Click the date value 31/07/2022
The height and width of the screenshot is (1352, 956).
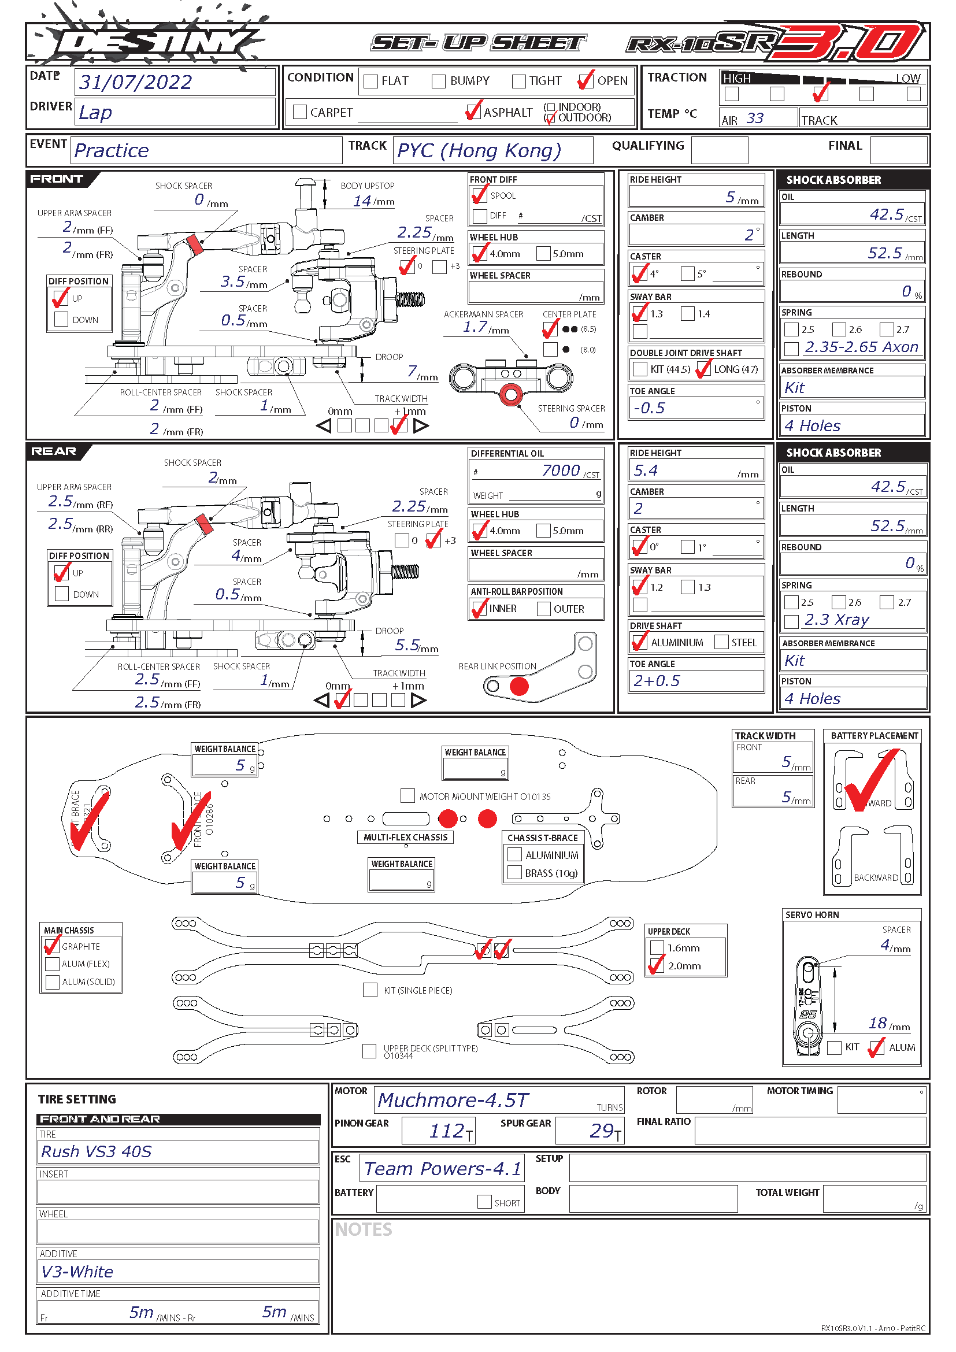point(135,83)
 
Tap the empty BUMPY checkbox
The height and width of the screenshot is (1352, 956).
point(439,82)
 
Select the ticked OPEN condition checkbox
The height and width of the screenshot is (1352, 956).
point(585,81)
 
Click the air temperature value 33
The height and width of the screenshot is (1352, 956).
point(755,118)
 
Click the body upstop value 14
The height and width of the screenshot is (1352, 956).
point(362,201)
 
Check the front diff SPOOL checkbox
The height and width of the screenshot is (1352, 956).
point(480,195)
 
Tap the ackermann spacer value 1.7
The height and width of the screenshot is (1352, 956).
point(475,327)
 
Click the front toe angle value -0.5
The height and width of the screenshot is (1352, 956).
point(649,408)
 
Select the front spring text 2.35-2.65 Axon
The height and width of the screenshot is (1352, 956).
point(861,347)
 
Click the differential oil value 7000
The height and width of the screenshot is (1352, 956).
point(561,471)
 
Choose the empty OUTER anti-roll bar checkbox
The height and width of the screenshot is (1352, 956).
point(544,609)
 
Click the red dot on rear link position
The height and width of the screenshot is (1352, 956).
point(519,686)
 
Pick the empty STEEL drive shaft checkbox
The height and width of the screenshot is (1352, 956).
point(721,642)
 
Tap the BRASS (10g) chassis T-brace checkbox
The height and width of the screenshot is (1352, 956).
point(515,873)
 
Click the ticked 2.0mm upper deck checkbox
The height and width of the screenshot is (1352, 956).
point(657,966)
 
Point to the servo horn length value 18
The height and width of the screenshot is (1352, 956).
point(878,1024)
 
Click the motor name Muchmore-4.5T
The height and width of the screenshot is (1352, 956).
point(453,1100)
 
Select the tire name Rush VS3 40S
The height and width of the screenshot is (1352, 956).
point(97,1152)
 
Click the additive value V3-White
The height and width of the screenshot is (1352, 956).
point(77,1272)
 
